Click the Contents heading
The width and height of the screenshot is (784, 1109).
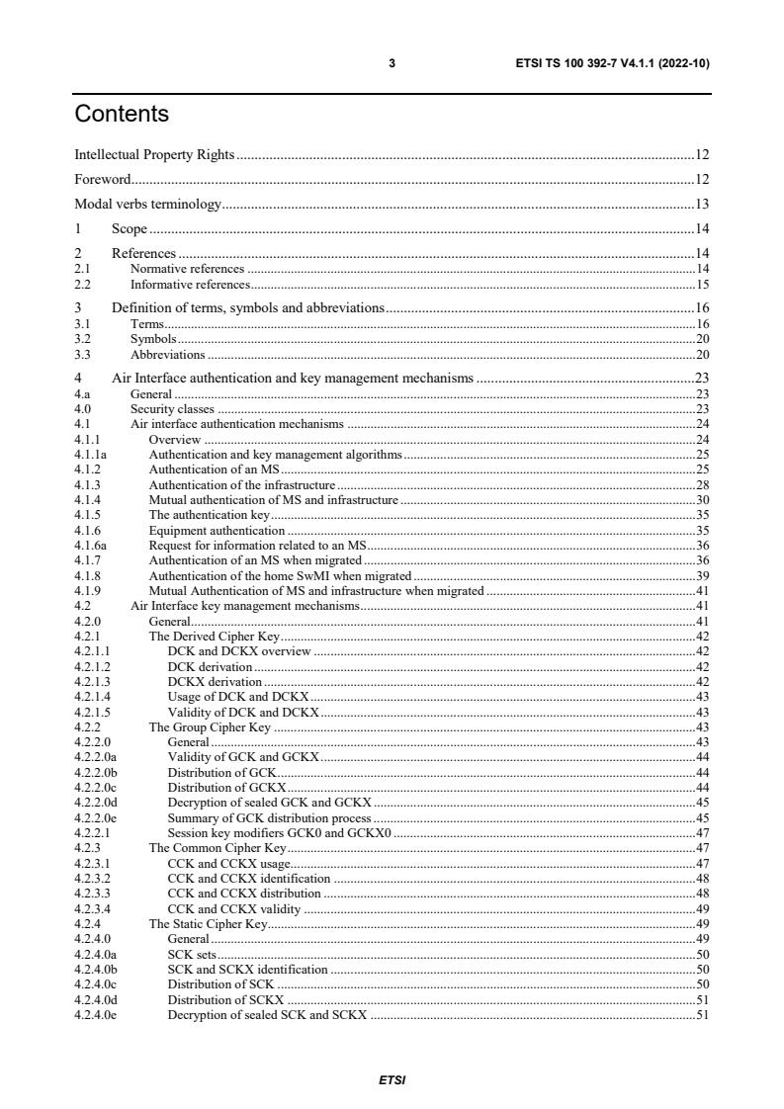coord(122,115)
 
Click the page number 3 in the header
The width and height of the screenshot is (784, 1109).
coord(392,63)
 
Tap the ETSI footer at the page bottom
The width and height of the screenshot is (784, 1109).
coord(392,1080)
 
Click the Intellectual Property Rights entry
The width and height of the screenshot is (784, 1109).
coord(155,154)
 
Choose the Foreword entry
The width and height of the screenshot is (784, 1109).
coord(103,180)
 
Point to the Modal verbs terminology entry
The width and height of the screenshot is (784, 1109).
coord(147,205)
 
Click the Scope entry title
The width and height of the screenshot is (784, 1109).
coord(129,229)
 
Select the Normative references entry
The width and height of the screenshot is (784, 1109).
coord(187,269)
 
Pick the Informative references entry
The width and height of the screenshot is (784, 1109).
coord(190,285)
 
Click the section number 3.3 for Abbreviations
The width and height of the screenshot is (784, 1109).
coord(82,355)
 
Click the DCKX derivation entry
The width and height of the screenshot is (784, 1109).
coord(215,682)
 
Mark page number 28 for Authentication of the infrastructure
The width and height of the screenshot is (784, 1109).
coord(702,485)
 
